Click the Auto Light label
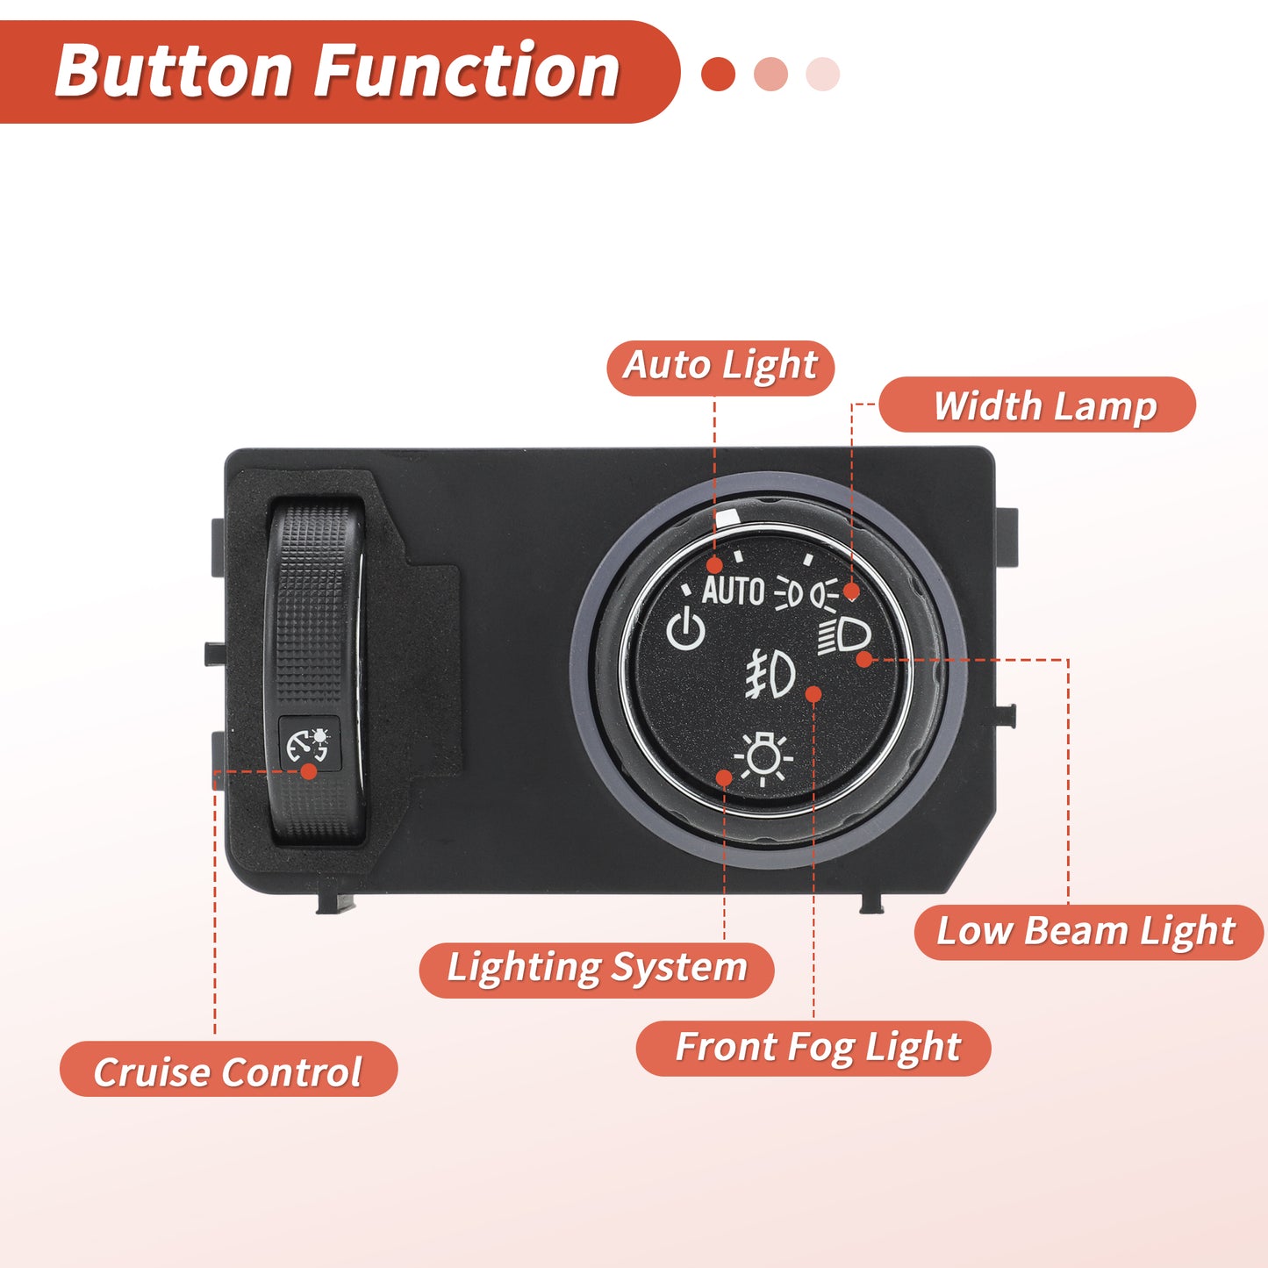click(x=720, y=368)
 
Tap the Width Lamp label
click(x=1037, y=404)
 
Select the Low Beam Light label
click(x=1088, y=932)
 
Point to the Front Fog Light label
click(x=813, y=1048)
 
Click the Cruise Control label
click(x=228, y=1069)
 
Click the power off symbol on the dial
click(x=685, y=629)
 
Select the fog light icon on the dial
click(x=770, y=673)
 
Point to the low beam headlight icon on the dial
click(x=844, y=635)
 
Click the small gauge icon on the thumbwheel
click(x=308, y=744)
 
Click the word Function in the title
click(x=467, y=71)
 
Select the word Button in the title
click(x=173, y=71)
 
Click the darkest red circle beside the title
click(x=718, y=74)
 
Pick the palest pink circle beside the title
click(x=822, y=74)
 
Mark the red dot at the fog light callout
click(x=813, y=694)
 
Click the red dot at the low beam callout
click(x=864, y=659)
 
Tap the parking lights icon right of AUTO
click(x=788, y=593)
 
